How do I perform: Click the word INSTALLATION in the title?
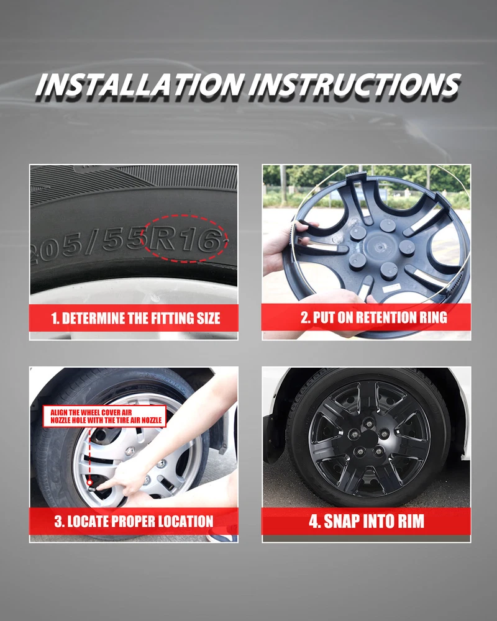click(139, 84)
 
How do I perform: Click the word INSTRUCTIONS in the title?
click(355, 84)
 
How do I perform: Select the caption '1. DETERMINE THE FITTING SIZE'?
click(135, 319)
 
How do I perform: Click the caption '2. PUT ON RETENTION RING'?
click(374, 317)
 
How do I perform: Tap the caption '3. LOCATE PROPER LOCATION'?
click(134, 521)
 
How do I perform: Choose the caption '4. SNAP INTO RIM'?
click(367, 521)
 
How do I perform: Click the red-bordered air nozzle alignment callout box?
click(104, 416)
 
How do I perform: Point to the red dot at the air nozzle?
click(89, 483)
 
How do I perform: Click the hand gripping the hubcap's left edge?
click(285, 245)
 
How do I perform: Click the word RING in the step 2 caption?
click(431, 317)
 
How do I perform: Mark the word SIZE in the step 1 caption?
click(208, 319)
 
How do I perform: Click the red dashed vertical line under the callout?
click(89, 454)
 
